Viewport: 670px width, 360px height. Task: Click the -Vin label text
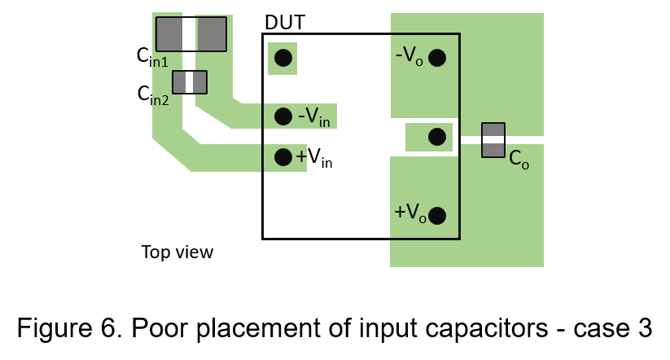(315, 117)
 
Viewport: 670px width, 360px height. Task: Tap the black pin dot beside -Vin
(283, 116)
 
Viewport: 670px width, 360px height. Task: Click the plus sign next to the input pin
(301, 156)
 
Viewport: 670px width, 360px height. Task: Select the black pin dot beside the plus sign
(283, 157)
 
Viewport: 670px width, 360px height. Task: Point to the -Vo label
(409, 56)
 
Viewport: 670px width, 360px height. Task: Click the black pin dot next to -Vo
(437, 58)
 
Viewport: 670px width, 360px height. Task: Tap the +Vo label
(409, 213)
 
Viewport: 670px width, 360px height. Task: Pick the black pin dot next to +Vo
(437, 216)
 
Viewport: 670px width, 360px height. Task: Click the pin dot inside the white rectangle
(437, 137)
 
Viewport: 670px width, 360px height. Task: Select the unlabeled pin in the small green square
(282, 58)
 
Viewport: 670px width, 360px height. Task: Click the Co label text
(519, 159)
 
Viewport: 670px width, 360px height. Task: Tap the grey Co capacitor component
(493, 140)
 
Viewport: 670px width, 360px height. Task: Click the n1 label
(160, 62)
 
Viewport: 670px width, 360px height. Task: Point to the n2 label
(161, 100)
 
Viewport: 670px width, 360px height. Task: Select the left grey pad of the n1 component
(169, 33)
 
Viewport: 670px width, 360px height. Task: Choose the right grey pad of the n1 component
(212, 33)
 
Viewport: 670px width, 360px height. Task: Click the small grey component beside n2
(190, 82)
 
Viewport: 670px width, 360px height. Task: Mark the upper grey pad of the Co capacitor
(493, 130)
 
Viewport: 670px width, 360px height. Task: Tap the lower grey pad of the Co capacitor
(493, 150)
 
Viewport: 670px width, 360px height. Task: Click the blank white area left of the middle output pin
(385, 137)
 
